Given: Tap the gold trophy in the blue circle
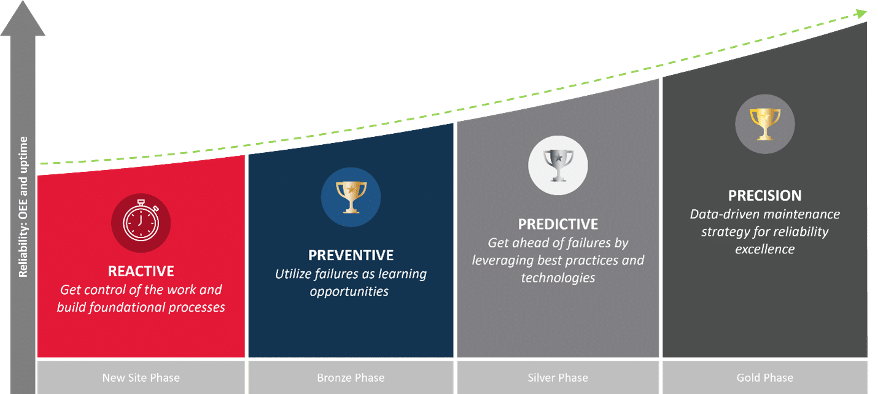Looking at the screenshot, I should tap(351, 196).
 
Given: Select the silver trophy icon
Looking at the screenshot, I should tap(557, 165).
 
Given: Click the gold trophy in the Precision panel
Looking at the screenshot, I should tap(764, 123).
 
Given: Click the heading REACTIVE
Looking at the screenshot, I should tap(141, 271).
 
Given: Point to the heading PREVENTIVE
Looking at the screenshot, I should tap(351, 255).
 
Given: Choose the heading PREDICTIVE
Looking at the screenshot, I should tap(557, 223).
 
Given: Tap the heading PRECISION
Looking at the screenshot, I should tap(764, 196).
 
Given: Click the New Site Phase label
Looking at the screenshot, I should tap(141, 377).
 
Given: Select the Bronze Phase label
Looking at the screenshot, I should tap(351, 377).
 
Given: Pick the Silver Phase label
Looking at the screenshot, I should tap(557, 377).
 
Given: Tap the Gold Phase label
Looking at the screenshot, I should tap(764, 377).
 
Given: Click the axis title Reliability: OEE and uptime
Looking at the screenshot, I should tap(23, 207).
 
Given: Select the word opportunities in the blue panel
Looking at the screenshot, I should tap(349, 291).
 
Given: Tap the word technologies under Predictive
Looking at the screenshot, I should tap(558, 277).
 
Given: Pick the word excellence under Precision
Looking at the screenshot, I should tap(764, 249).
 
